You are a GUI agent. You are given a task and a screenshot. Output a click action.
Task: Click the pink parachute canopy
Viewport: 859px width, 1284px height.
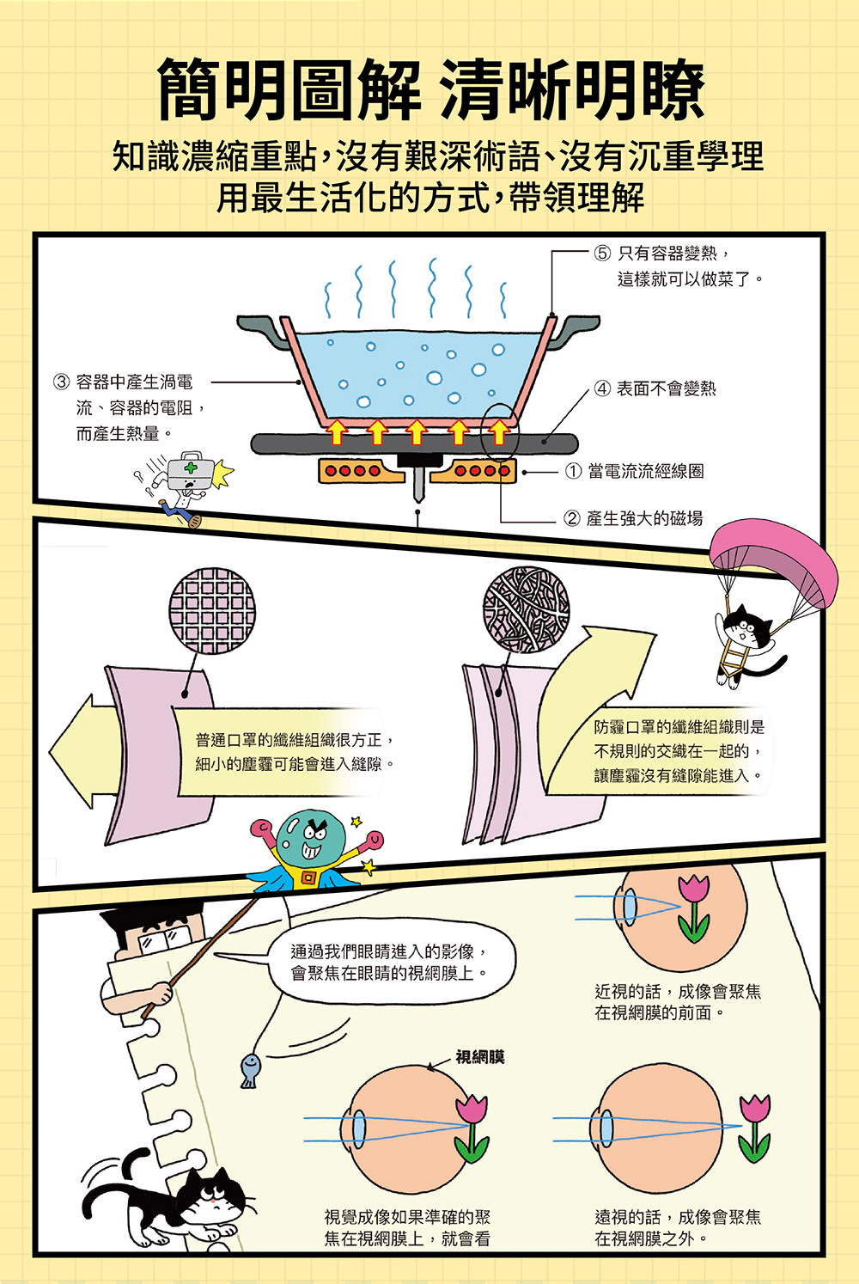[773, 559]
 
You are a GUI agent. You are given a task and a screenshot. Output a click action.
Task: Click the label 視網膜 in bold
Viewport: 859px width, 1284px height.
[479, 1057]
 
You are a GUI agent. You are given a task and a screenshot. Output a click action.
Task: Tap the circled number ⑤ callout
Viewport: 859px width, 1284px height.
[602, 253]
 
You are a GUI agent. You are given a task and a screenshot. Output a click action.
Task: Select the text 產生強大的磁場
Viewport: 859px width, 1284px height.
[644, 517]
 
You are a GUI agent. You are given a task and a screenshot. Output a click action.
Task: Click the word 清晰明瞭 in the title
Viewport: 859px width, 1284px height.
[571, 90]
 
